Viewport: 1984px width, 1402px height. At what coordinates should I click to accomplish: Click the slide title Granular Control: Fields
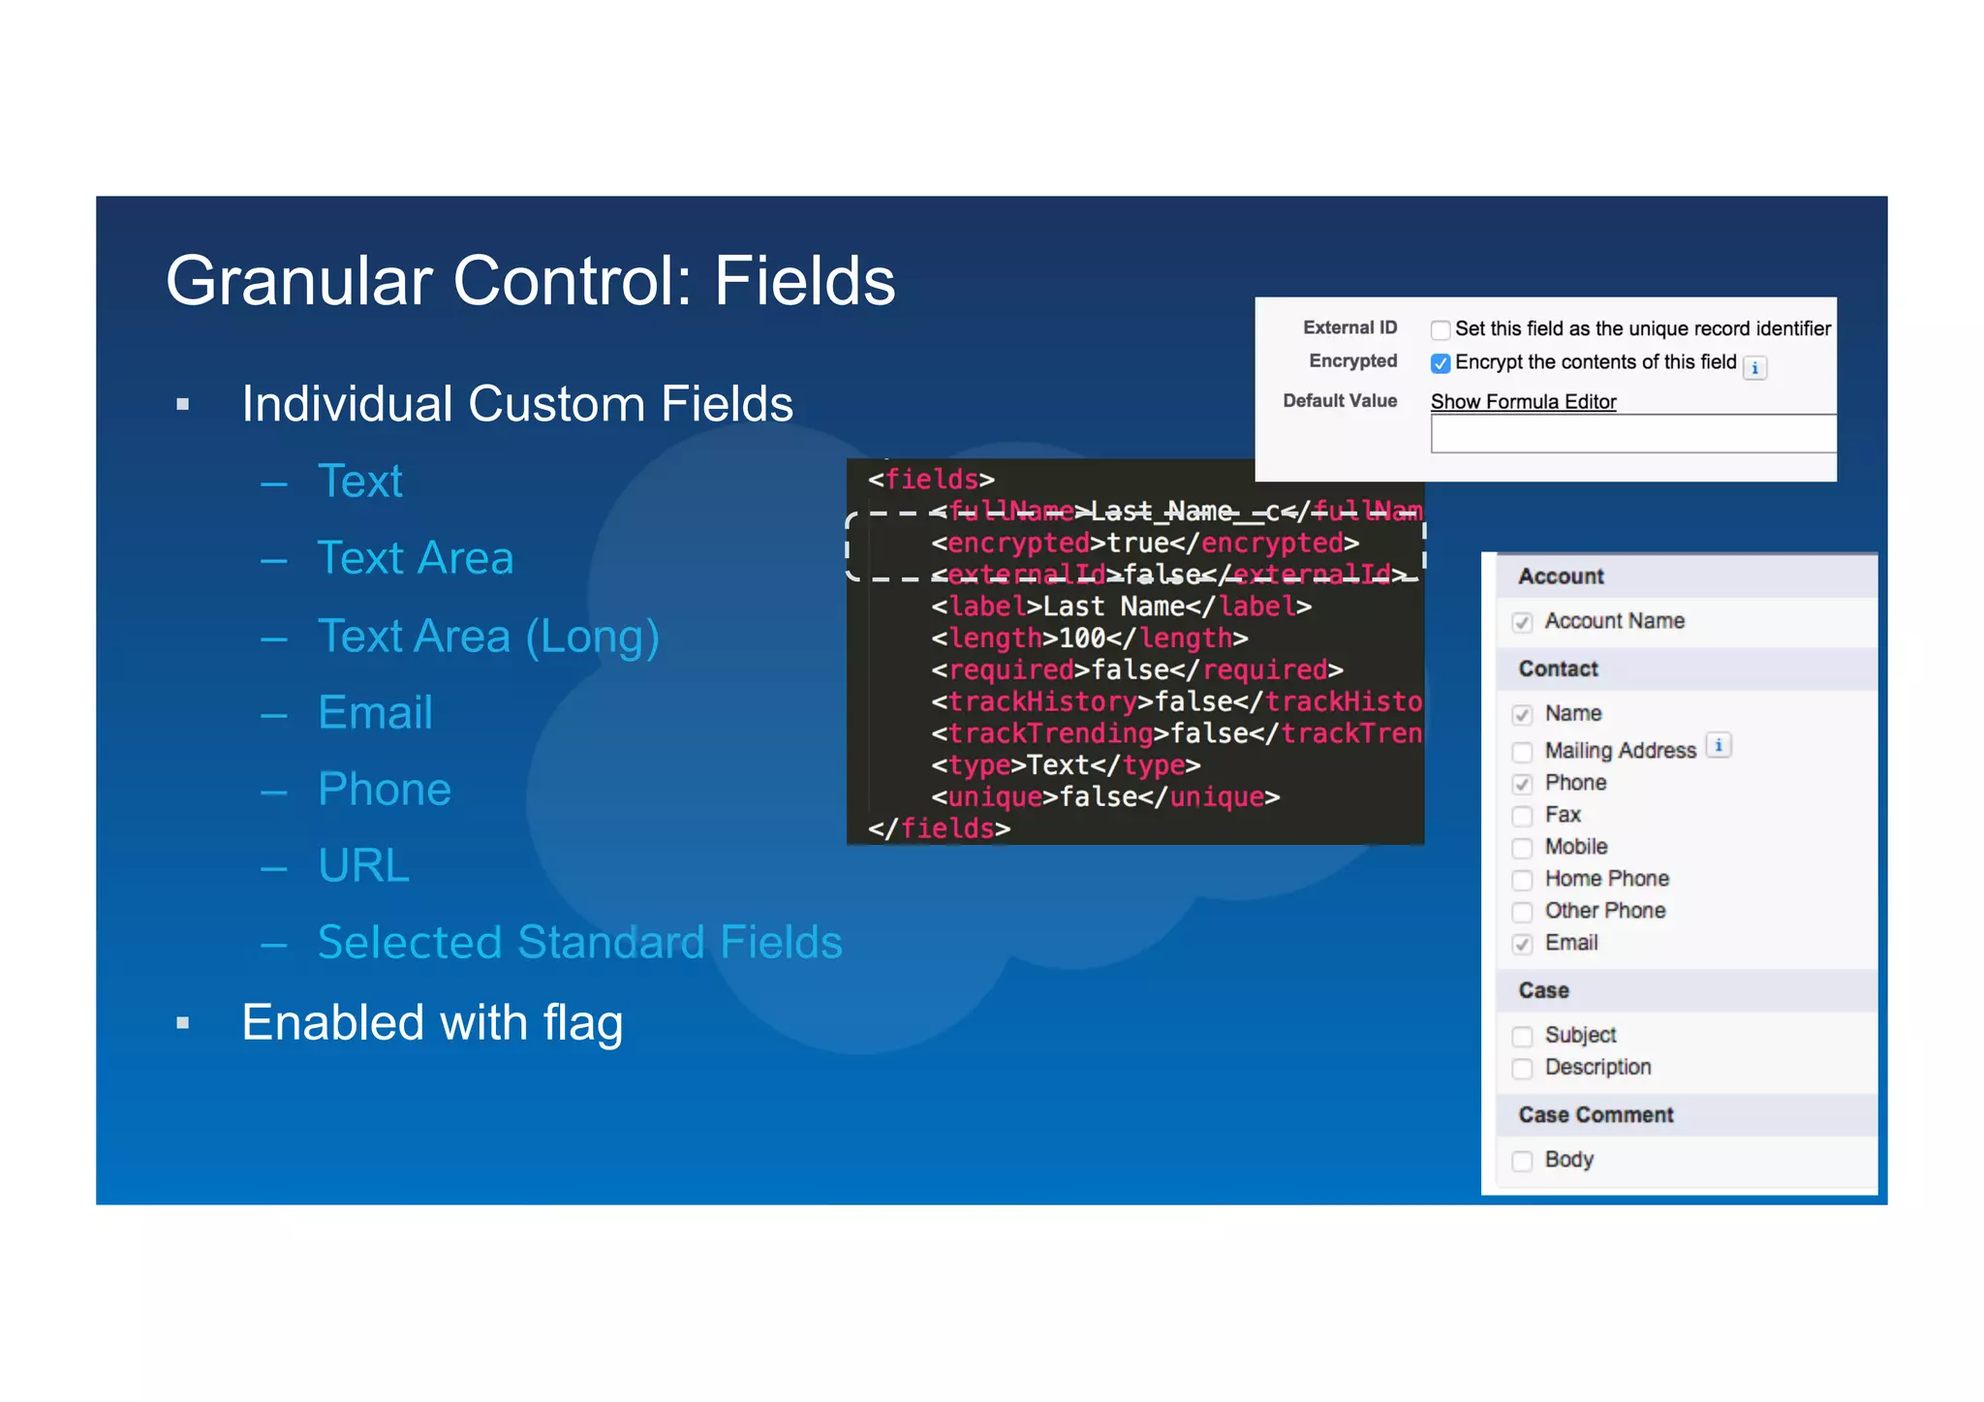click(530, 281)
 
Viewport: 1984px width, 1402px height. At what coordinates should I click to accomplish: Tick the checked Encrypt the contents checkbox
click(1441, 363)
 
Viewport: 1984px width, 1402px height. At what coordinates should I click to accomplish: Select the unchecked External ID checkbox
click(1441, 330)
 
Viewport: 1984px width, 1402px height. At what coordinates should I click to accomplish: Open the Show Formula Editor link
click(1523, 402)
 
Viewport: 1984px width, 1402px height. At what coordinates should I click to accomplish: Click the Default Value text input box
click(1632, 434)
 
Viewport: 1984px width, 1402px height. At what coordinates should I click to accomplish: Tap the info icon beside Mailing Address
click(1719, 746)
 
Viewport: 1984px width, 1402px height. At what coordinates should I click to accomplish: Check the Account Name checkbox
click(1523, 622)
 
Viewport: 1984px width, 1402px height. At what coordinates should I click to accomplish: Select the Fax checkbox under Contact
click(1523, 816)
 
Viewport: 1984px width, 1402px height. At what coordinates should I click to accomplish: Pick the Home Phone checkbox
click(1523, 880)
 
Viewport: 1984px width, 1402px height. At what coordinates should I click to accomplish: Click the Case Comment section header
click(1596, 1115)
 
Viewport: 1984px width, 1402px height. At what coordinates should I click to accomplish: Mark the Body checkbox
click(1523, 1161)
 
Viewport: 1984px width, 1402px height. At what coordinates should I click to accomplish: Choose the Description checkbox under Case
click(1523, 1069)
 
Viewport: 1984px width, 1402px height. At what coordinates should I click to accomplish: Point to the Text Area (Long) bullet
click(488, 637)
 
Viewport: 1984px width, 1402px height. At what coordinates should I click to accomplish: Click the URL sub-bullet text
click(363, 865)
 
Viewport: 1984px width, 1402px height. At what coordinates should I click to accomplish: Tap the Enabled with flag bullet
click(432, 1023)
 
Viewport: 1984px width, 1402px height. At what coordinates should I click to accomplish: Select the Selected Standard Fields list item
click(579, 943)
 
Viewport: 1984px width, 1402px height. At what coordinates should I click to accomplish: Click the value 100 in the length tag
click(1082, 639)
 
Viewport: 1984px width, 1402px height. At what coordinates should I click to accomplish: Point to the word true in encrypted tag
click(1137, 544)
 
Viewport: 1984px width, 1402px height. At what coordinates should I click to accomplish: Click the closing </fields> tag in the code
click(939, 829)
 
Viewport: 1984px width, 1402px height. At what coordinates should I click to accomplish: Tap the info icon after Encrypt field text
click(1754, 368)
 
